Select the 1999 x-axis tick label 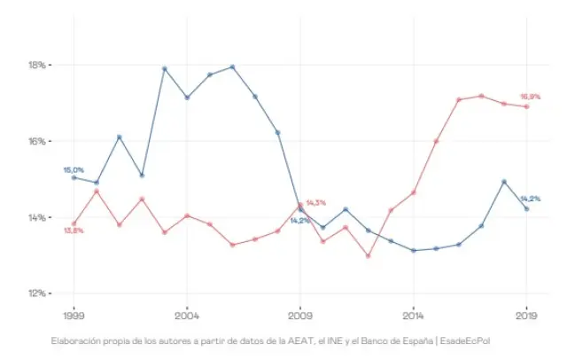pyautogui.click(x=74, y=315)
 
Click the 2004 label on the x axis pyautogui.click(x=187, y=315)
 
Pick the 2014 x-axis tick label pyautogui.click(x=414, y=315)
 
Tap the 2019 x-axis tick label pyautogui.click(x=527, y=315)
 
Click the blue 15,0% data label pyautogui.click(x=74, y=169)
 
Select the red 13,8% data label pyautogui.click(x=74, y=231)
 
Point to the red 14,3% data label pyautogui.click(x=316, y=203)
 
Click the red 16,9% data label pyautogui.click(x=530, y=97)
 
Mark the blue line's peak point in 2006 pyautogui.click(x=232, y=67)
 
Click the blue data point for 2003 pyautogui.click(x=164, y=68)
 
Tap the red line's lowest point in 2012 pyautogui.click(x=369, y=256)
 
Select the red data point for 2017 pyautogui.click(x=482, y=96)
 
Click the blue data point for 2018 pyautogui.click(x=504, y=182)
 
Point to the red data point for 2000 pyautogui.click(x=97, y=191)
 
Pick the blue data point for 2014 pyautogui.click(x=414, y=251)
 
